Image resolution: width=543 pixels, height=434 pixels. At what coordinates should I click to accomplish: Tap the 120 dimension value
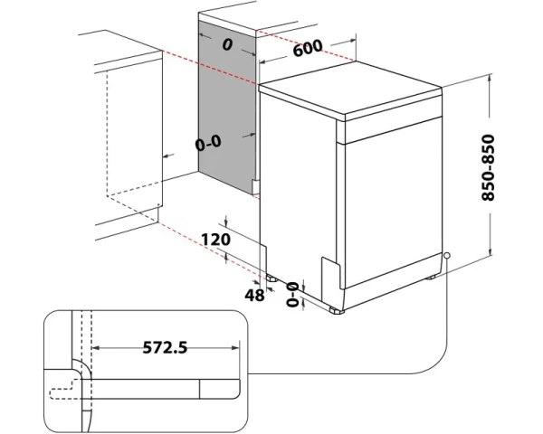(x=216, y=240)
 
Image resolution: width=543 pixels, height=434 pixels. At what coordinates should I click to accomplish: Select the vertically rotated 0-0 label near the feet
(x=291, y=295)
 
